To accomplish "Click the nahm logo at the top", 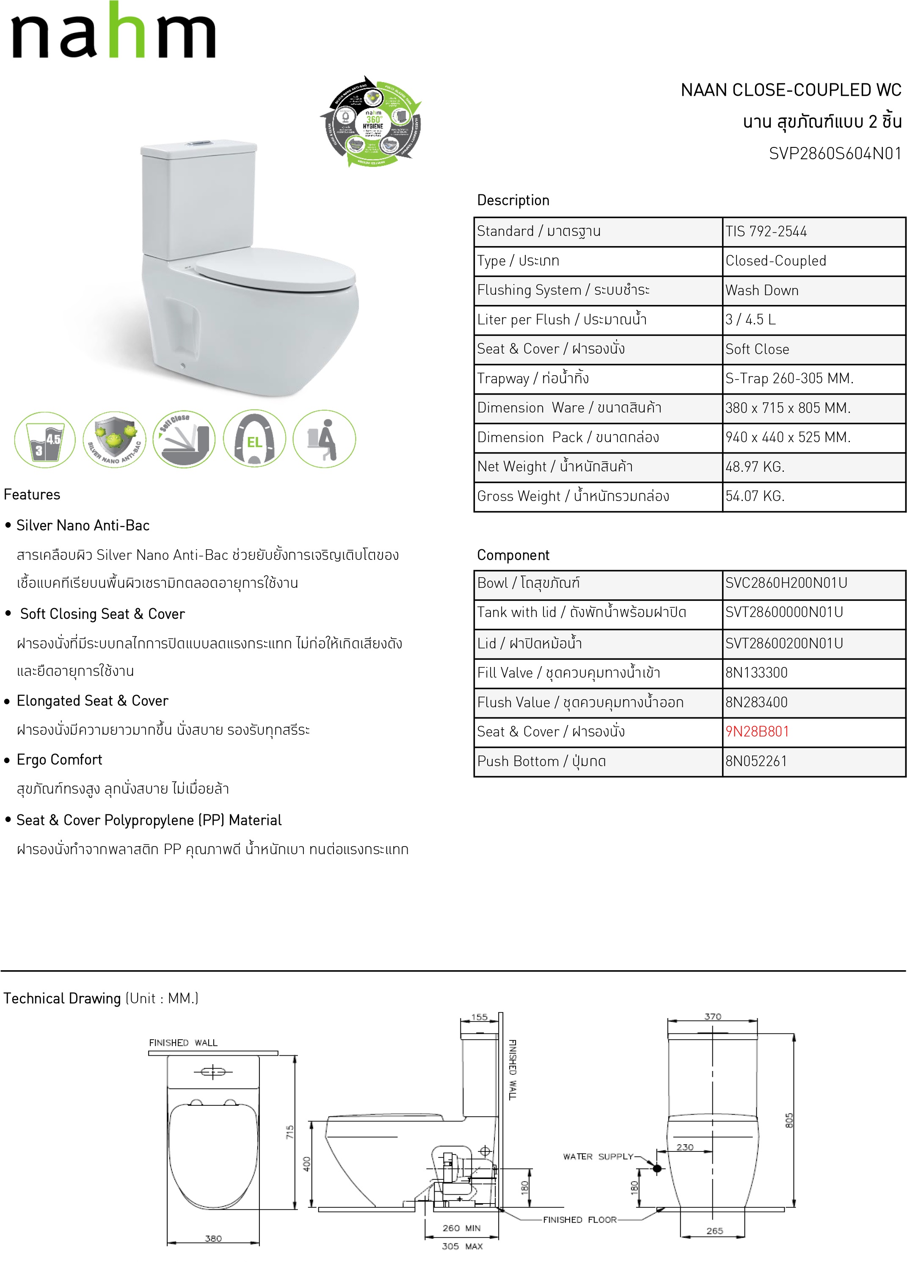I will point(113,32).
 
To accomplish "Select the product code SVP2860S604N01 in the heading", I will point(834,154).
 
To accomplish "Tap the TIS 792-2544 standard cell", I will point(766,232).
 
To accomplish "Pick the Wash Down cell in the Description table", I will point(761,291).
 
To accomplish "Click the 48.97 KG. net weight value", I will point(755,467).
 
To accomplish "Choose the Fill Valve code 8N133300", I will point(756,673).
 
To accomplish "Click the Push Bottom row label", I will point(541,761).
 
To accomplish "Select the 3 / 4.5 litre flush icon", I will point(44,440).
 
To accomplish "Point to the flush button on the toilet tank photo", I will point(198,144).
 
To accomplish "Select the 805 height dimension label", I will point(788,1121).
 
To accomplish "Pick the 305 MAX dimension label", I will point(462,1246).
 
